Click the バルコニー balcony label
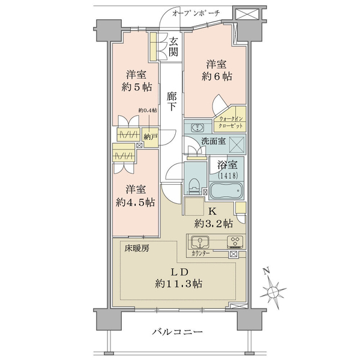[178, 332]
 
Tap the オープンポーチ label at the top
[196, 13]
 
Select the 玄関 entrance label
[173, 47]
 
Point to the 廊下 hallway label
[172, 101]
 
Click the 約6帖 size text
[217, 76]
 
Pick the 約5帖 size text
[137, 87]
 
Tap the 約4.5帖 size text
[135, 203]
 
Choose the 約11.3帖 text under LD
[178, 284]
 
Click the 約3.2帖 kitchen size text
[214, 223]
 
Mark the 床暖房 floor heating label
[137, 248]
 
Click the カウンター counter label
[200, 253]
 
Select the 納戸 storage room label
[151, 137]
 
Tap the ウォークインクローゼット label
[230, 122]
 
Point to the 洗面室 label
[213, 141]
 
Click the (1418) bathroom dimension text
[227, 176]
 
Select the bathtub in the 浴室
[226, 190]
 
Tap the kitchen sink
[200, 242]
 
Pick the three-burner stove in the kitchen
[235, 242]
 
